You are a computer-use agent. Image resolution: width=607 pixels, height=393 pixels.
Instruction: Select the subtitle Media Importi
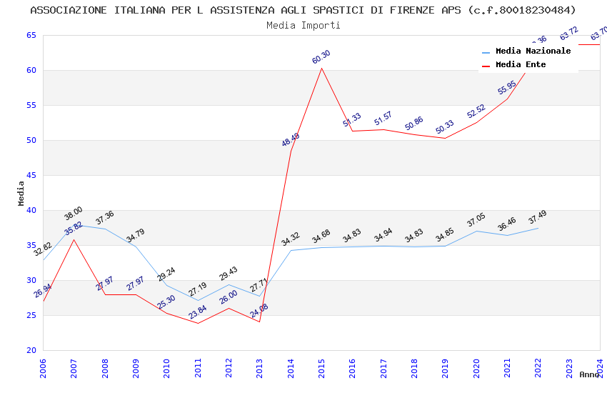point(303,25)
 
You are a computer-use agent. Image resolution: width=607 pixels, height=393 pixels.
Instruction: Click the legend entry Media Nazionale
point(533,51)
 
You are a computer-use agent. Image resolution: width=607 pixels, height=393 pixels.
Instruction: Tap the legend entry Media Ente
point(521,64)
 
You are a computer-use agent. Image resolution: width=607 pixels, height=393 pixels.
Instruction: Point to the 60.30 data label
point(321,57)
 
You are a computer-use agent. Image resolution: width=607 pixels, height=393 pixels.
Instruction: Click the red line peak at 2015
point(321,68)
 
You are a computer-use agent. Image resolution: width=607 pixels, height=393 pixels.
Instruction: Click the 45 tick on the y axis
point(31,175)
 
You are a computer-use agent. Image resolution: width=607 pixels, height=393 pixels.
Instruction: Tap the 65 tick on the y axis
point(31,35)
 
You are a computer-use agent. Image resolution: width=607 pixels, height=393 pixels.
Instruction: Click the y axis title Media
point(21,193)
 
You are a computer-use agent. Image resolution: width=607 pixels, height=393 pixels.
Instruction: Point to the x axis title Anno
point(589,374)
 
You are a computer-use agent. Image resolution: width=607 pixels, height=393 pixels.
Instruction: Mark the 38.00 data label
point(74,213)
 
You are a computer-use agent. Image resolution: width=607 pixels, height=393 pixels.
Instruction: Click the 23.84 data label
point(198,312)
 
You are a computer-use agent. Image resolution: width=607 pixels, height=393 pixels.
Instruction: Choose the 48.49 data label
point(291,140)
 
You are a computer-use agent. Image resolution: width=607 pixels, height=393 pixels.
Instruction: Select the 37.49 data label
point(538,217)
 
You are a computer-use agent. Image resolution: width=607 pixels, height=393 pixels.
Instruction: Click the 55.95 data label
point(507,87)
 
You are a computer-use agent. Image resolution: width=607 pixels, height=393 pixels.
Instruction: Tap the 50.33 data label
point(445,127)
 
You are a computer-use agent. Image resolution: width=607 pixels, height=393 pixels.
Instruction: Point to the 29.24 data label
point(166,274)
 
